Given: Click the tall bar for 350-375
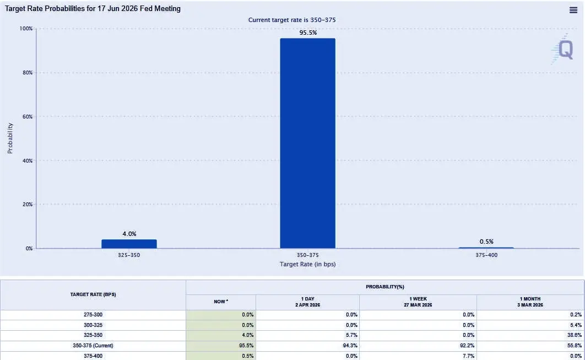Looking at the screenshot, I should (307, 143).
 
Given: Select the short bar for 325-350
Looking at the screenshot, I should (129, 244).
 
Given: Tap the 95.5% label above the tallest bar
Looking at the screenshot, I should (307, 33).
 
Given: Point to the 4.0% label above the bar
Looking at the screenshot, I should (129, 234).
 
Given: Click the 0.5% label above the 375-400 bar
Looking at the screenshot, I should (486, 241).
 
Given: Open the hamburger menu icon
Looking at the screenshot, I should (573, 10).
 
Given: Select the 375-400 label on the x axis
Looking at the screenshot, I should (486, 256).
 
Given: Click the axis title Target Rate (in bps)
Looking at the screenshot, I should (307, 264).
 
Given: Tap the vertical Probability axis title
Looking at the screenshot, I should (10, 138).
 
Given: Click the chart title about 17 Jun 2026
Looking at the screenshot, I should (93, 9).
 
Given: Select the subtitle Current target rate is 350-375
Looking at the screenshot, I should (292, 20).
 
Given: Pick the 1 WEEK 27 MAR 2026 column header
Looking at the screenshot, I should (418, 302).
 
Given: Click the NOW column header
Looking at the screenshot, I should (220, 302).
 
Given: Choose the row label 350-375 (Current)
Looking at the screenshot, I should (93, 345).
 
